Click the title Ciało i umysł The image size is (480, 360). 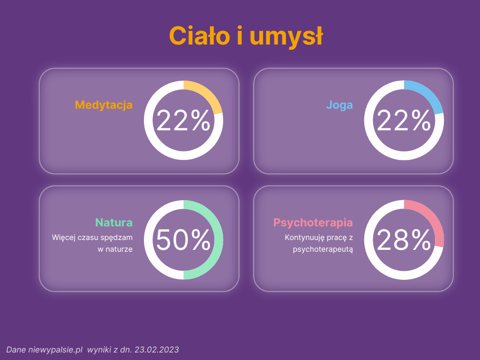[x=246, y=36]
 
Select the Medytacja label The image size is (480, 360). [x=104, y=105]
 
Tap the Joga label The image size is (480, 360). [x=339, y=105]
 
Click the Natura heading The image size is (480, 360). [x=114, y=223]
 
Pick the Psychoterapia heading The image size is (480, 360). [x=313, y=223]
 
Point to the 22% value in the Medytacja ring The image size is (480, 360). [x=183, y=120]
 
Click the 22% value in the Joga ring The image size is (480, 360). [x=404, y=120]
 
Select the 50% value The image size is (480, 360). [x=183, y=240]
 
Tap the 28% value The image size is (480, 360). [x=404, y=240]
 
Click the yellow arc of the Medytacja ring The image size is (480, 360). [x=208, y=94]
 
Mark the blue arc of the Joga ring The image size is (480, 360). [x=428, y=94]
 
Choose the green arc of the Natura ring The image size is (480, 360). [x=218, y=240]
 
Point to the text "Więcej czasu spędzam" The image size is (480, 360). [x=92, y=238]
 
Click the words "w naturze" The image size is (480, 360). [x=115, y=249]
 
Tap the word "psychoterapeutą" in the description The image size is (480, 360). [x=323, y=250]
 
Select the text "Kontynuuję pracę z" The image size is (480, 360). [x=319, y=238]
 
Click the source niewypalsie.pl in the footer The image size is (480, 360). [x=55, y=350]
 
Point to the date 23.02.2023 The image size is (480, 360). [x=157, y=350]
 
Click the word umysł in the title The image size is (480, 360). [x=286, y=37]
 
